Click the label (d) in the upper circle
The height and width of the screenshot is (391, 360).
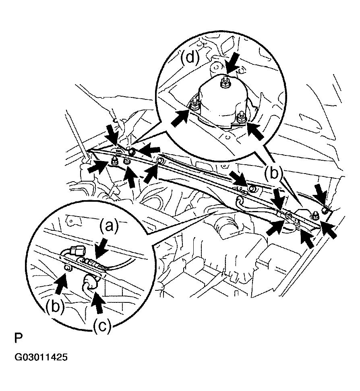(x=190, y=58)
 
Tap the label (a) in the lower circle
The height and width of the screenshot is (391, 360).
(x=109, y=226)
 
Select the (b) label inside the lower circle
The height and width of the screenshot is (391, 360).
(x=55, y=306)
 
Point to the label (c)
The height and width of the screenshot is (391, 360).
(x=102, y=327)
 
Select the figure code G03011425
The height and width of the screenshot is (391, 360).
(x=41, y=357)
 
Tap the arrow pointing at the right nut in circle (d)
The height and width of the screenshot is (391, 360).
(x=256, y=130)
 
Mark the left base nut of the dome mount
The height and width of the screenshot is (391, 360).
(x=194, y=104)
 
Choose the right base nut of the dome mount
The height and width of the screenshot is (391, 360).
(x=241, y=118)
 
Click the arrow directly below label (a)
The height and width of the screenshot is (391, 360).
(x=101, y=248)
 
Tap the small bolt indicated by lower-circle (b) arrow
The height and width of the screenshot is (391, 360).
(x=67, y=267)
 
